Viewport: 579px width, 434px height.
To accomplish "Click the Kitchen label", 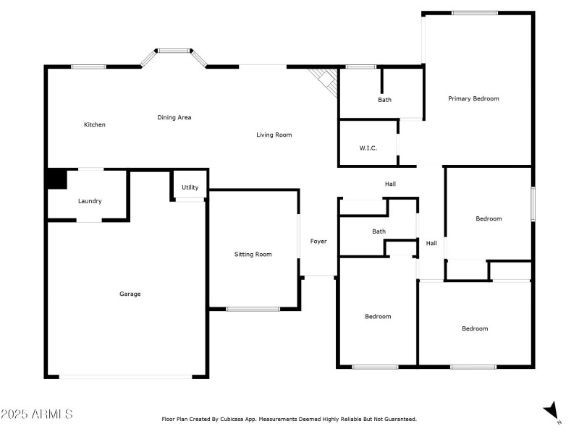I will (95, 125).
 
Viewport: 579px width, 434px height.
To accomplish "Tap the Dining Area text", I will (174, 117).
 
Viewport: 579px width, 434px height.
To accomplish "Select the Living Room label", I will (274, 135).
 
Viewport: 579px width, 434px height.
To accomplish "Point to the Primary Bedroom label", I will (473, 98).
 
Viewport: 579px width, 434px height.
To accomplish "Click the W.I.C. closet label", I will (368, 148).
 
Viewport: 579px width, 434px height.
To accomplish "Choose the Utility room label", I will (190, 187).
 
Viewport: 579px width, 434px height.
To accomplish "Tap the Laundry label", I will (90, 201).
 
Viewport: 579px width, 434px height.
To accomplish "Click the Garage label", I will (130, 294).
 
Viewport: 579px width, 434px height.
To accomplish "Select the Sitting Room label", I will (253, 254).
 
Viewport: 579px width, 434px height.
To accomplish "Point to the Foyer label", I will (318, 242).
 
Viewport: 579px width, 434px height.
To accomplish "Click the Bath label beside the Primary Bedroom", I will (384, 100).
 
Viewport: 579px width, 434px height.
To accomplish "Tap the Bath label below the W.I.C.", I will (379, 231).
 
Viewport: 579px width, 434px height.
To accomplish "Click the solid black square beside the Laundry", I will (56, 179).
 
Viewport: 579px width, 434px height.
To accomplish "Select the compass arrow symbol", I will (552, 410).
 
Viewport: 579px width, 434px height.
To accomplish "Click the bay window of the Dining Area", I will (174, 51).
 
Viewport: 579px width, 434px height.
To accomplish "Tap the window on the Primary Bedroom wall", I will (475, 13).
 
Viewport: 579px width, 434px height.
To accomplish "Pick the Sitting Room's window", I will (253, 310).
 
